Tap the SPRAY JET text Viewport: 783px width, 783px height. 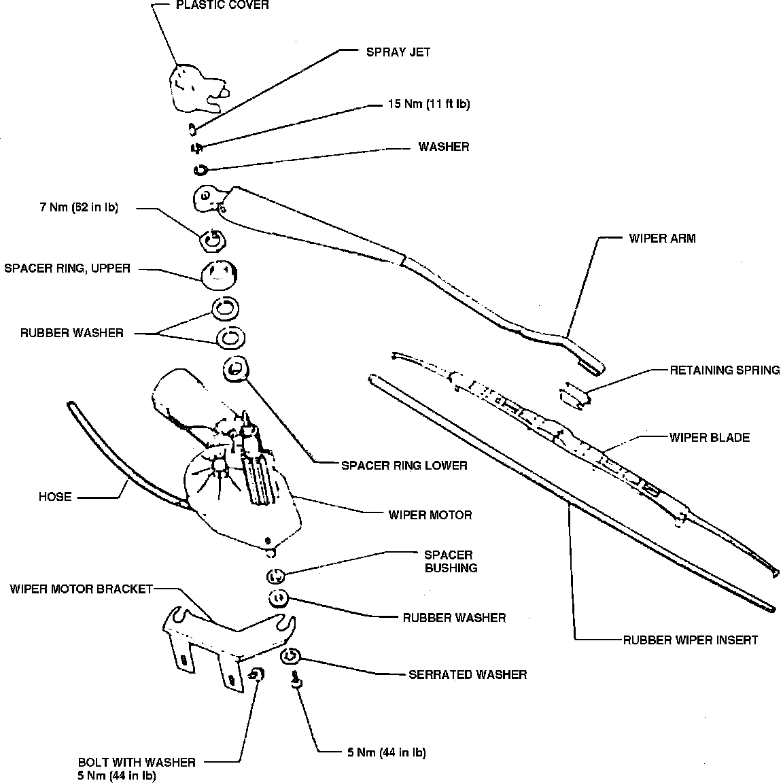pos(398,52)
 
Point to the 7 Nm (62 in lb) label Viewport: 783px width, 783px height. pos(78,207)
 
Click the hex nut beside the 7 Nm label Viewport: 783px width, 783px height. pos(214,239)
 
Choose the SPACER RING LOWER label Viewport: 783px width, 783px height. pos(404,466)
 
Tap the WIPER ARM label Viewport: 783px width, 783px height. pos(662,239)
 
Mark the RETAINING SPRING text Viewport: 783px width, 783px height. pos(725,370)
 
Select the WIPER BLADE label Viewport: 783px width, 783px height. pos(710,437)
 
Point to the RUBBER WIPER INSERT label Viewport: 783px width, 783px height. pos(690,640)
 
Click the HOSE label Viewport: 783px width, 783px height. pos(55,497)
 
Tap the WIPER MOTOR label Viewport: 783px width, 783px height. pos(430,515)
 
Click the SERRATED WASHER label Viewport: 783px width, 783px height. pos(468,674)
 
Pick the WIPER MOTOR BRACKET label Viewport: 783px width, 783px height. pos(82,589)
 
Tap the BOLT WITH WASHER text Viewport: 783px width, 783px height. pos(137,763)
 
